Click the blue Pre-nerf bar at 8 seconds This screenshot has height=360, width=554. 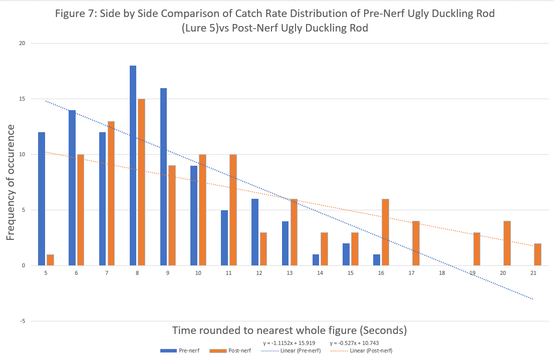click(x=133, y=165)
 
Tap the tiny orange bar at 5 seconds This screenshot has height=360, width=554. click(x=50, y=260)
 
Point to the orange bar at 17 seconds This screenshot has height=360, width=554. click(x=416, y=243)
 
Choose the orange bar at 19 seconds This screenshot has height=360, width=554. click(x=477, y=249)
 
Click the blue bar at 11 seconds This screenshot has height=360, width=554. click(x=224, y=238)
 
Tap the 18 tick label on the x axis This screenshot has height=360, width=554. click(x=442, y=273)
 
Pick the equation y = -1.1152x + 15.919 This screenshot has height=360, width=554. click(x=289, y=343)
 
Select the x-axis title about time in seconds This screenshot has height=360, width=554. click(x=290, y=330)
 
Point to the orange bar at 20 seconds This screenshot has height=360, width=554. click(x=507, y=243)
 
